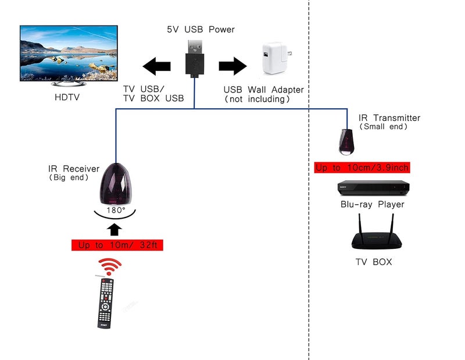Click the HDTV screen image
[69, 53]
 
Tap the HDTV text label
[67, 97]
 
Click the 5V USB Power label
[201, 30]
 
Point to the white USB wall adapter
[276, 58]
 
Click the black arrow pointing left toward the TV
[156, 66]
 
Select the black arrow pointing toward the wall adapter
[233, 66]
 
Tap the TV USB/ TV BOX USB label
[153, 94]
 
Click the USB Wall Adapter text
[264, 90]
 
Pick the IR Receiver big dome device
[115, 184]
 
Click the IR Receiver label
[74, 169]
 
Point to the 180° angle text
[116, 210]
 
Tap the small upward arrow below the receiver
[115, 230]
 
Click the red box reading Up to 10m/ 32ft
[117, 245]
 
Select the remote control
[106, 303]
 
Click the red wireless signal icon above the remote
[109, 266]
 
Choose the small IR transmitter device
[346, 142]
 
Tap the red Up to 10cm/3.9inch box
[362, 167]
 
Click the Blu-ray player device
[373, 188]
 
